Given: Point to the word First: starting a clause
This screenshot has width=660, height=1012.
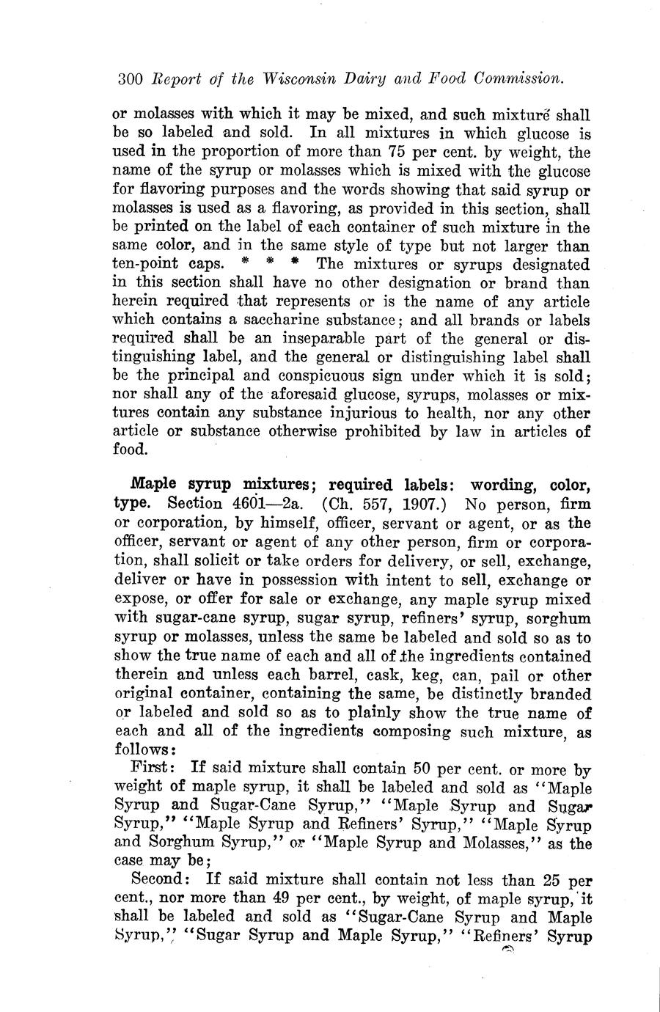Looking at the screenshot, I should coord(152,769).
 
